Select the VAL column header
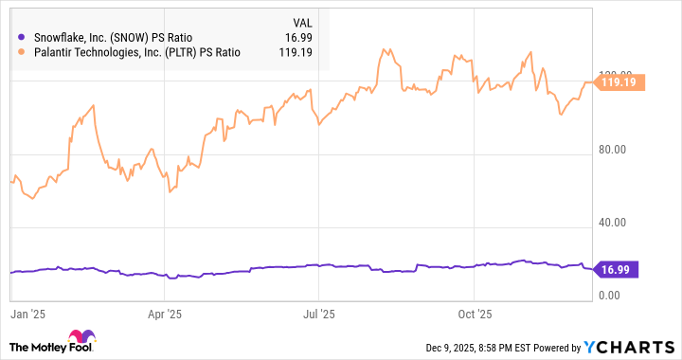[302, 20]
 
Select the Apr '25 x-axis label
[166, 312]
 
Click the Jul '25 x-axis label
[319, 312]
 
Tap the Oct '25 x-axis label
[474, 312]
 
